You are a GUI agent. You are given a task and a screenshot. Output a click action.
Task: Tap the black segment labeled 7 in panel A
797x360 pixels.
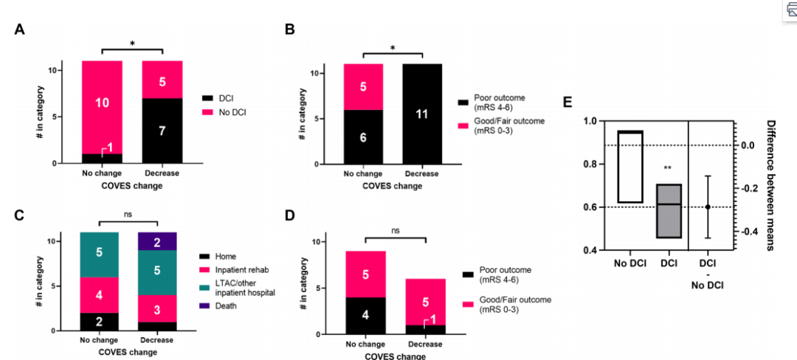tap(162, 130)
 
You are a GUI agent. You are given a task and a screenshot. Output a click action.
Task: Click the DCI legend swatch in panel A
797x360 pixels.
tap(208, 97)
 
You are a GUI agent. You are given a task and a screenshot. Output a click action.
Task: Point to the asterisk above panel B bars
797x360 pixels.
tap(393, 48)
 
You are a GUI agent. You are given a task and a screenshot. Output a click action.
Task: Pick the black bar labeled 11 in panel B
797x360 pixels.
tap(423, 114)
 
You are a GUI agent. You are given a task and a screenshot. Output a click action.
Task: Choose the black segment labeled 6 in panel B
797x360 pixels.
tap(362, 136)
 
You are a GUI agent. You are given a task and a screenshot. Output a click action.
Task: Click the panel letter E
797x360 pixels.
tap(568, 102)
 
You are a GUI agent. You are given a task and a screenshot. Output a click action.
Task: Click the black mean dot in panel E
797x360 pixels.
tap(708, 207)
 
